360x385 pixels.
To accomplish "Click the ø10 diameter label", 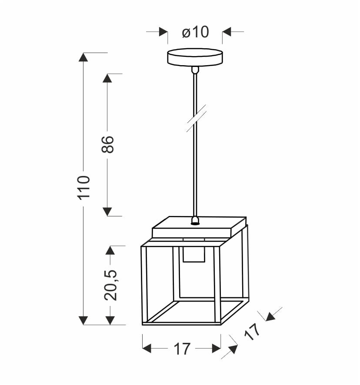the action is tap(195, 32).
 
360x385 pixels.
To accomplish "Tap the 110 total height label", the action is tap(84, 188).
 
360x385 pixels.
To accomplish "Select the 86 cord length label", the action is tap(108, 145).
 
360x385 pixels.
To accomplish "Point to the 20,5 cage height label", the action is tap(110, 285).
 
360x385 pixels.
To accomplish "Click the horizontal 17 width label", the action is tap(182, 348).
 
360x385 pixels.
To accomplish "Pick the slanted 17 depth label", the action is tap(252, 332).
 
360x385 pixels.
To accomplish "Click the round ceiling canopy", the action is tap(195, 57).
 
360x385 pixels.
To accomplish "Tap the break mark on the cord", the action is tap(196, 118).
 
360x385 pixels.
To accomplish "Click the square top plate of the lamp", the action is tap(199, 227).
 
